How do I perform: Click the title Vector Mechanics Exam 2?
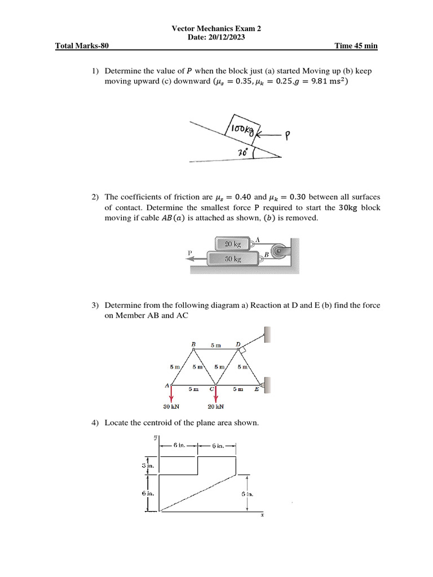(x=216, y=29)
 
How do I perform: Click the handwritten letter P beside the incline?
(x=288, y=135)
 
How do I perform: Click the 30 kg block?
(x=232, y=259)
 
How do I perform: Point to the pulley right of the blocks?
(x=276, y=250)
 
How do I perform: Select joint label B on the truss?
(x=193, y=343)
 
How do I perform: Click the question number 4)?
(x=96, y=423)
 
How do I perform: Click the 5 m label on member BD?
(x=216, y=345)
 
